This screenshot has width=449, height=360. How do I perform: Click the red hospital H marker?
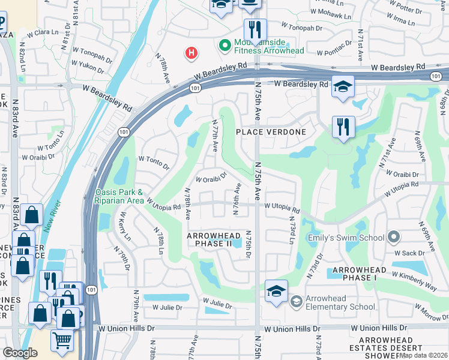(x=191, y=53)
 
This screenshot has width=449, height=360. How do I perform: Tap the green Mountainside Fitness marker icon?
(x=226, y=45)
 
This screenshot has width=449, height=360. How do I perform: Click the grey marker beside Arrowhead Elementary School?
(x=295, y=301)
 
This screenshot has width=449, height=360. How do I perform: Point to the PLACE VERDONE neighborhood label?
(x=271, y=132)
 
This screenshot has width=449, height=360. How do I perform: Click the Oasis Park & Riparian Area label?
(x=119, y=197)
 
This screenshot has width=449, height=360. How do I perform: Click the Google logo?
(x=20, y=352)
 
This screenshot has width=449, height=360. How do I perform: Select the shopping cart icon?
(x=62, y=340)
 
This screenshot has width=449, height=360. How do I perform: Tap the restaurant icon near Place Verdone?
(x=343, y=127)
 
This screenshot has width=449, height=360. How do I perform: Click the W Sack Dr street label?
(x=409, y=253)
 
